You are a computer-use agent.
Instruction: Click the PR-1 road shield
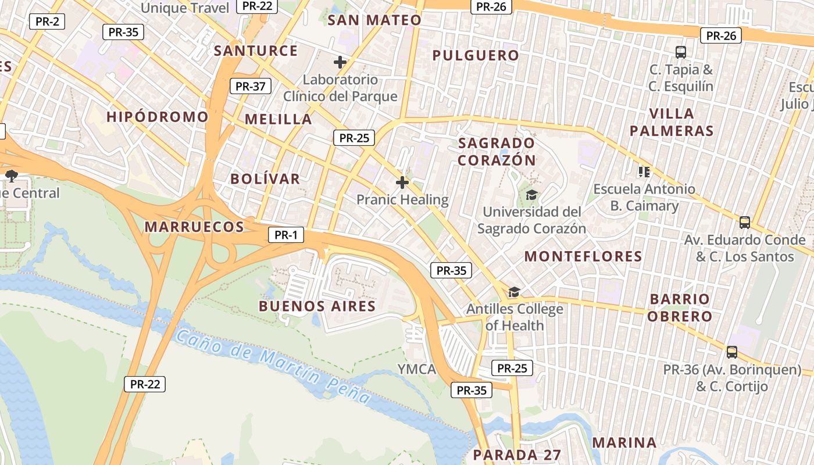coord(285,235)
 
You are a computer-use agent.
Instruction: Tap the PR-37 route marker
coord(250,87)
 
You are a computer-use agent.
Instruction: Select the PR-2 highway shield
coord(47,22)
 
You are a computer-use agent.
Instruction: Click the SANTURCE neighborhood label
coord(256,51)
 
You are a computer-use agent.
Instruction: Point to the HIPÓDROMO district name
coord(157,117)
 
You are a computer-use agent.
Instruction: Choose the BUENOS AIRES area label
coord(317,306)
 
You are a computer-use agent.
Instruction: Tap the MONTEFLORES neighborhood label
coord(583,256)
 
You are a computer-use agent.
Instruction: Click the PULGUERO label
coord(476,55)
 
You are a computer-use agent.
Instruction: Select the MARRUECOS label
coord(194,227)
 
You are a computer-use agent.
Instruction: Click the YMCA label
coord(417,369)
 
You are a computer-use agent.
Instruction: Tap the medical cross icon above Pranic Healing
coord(402,183)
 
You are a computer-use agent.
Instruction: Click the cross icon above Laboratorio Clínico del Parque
coord(340,62)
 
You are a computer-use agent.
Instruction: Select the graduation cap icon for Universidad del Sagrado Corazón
coord(531,195)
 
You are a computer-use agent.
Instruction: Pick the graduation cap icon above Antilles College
coord(514,292)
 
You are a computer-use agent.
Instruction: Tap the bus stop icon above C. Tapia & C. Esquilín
coord(681,52)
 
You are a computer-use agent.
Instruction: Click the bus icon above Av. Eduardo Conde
coord(744,222)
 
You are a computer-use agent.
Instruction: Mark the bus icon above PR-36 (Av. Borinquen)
coord(732,352)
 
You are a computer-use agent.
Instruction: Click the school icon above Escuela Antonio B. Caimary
coord(644,171)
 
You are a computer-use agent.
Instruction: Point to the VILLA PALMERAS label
coord(672,122)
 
